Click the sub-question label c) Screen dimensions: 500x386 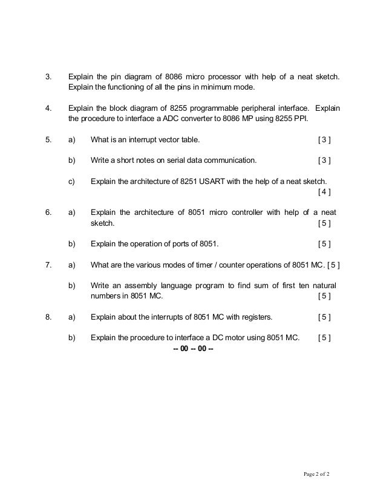[x=71, y=181]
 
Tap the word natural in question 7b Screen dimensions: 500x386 [x=324, y=285]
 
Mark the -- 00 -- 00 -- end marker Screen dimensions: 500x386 [x=193, y=348]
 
